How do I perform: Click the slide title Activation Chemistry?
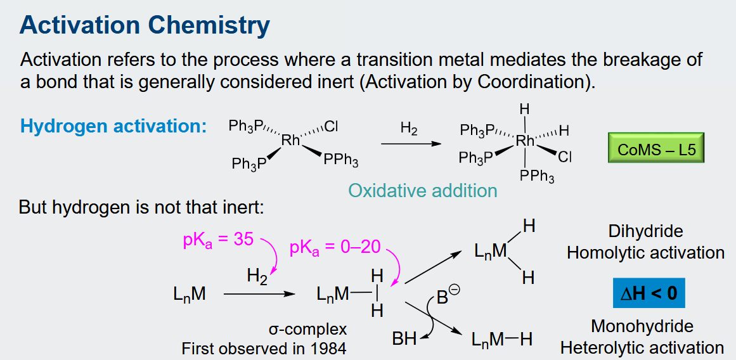(x=145, y=27)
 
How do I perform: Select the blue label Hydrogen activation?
(x=113, y=127)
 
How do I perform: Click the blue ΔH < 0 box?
(x=649, y=293)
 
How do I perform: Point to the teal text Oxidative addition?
(x=423, y=191)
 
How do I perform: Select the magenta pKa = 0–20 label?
(x=334, y=248)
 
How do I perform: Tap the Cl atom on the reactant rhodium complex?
(x=331, y=127)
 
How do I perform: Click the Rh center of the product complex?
(x=525, y=140)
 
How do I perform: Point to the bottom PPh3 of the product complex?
(x=536, y=177)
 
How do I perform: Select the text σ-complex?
(x=307, y=330)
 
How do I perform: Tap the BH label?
(x=404, y=339)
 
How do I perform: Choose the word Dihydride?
(x=645, y=231)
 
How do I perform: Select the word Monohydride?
(x=642, y=326)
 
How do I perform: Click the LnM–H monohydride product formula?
(x=502, y=339)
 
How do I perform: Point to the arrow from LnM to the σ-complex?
(x=259, y=294)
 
